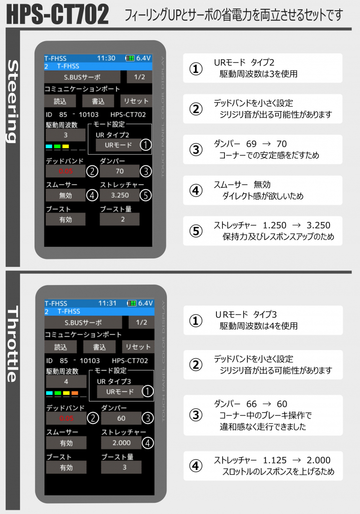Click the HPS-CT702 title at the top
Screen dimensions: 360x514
[x=58, y=15]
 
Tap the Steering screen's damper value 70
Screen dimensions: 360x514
[x=119, y=171]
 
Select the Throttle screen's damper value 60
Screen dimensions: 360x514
[x=121, y=418]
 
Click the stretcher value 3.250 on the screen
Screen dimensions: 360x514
[x=119, y=195]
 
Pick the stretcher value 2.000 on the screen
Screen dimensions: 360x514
[x=121, y=443]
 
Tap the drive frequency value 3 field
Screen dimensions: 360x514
[x=65, y=135]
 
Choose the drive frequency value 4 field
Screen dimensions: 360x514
[x=66, y=382]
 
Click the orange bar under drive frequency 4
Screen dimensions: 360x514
[x=75, y=393]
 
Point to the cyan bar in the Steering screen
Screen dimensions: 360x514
[x=49, y=147]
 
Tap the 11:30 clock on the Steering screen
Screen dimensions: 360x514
[x=106, y=58]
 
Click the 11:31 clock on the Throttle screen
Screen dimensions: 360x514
[x=108, y=303]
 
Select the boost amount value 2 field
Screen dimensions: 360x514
[x=119, y=219]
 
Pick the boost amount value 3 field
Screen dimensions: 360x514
[x=121, y=467]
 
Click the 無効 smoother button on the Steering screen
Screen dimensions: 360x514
[x=65, y=195]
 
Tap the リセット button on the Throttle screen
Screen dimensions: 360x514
[x=138, y=347]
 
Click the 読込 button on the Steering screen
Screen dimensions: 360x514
[x=60, y=101]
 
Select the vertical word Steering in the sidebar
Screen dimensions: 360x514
[x=13, y=101]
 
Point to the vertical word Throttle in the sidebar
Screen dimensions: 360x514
[x=13, y=344]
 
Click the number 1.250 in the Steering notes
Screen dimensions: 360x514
[x=274, y=226]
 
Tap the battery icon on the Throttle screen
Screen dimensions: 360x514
[x=131, y=303]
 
